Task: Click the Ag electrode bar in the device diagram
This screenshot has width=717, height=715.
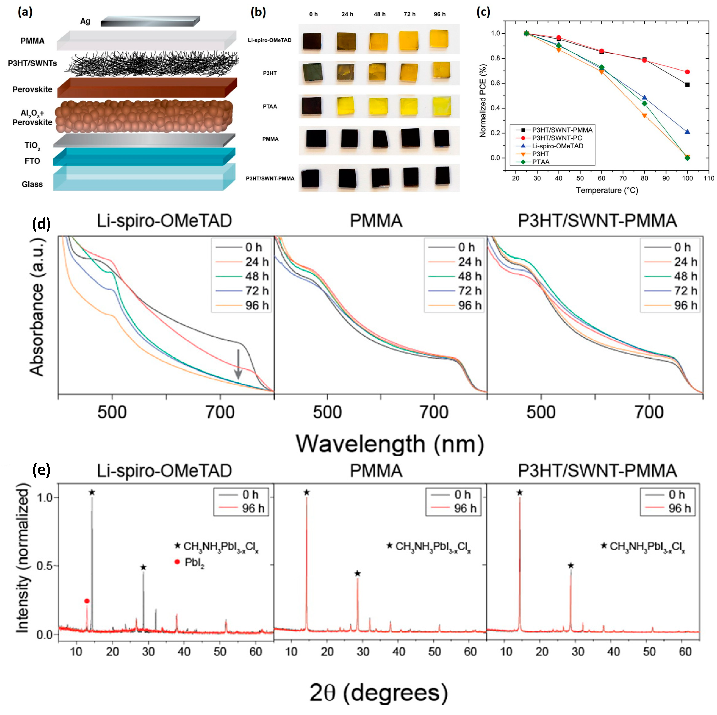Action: pyautogui.click(x=150, y=21)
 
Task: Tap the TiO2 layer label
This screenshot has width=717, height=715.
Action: pyautogui.click(x=32, y=146)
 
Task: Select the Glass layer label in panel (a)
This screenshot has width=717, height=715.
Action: pyautogui.click(x=32, y=184)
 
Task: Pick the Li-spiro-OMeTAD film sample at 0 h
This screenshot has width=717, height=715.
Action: pyautogui.click(x=312, y=41)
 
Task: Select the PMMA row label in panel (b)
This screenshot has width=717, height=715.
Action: pyautogui.click(x=270, y=139)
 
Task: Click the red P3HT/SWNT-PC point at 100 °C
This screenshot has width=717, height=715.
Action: pyautogui.click(x=687, y=72)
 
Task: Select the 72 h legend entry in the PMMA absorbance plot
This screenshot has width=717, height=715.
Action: pyautogui.click(x=455, y=291)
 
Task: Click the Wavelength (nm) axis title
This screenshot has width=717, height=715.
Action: pyautogui.click(x=390, y=443)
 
